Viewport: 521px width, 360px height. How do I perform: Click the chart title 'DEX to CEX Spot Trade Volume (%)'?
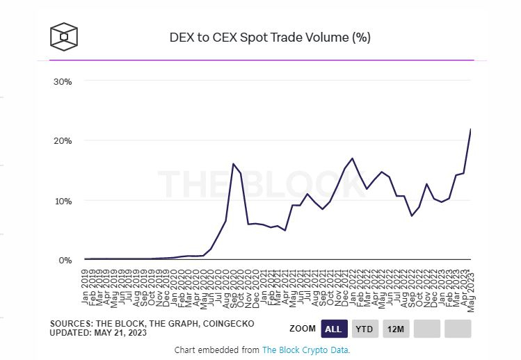click(270, 37)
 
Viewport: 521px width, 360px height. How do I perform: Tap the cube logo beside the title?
click(63, 37)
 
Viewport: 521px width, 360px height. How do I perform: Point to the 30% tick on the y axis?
click(63, 81)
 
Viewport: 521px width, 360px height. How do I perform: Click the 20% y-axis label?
click(63, 141)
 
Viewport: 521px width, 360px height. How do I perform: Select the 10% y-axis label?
click(63, 201)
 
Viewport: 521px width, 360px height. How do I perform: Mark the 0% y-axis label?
click(65, 261)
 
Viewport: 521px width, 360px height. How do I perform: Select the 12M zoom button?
click(396, 328)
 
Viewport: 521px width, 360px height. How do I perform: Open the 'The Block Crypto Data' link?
click(305, 350)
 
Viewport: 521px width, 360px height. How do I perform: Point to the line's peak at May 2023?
click(471, 129)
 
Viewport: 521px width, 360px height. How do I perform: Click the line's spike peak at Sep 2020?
click(233, 164)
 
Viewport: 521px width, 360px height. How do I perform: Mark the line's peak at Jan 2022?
click(353, 158)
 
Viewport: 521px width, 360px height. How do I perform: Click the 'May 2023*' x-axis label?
click(471, 288)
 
